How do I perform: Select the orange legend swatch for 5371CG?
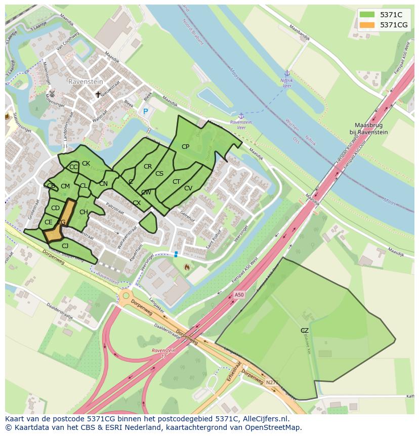pyautogui.click(x=368, y=24)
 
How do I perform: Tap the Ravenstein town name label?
pyautogui.click(x=86, y=81)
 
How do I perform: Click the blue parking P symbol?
pyautogui.click(x=146, y=111)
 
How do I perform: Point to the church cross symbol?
pyautogui.click(x=98, y=95)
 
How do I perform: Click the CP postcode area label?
pyautogui.click(x=185, y=147)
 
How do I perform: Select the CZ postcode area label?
pyautogui.click(x=304, y=331)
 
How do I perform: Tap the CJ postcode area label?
pyautogui.click(x=65, y=246)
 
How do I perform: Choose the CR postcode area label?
pyautogui.click(x=148, y=167)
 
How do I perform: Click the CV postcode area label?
pyautogui.click(x=188, y=188)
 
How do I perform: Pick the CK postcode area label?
pyautogui.click(x=86, y=164)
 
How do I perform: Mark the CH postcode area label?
pyautogui.click(x=83, y=212)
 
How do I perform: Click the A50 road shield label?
pyautogui.click(x=239, y=295)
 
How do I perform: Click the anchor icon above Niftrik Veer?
pyautogui.click(x=287, y=73)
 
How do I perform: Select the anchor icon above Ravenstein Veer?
pyautogui.click(x=241, y=116)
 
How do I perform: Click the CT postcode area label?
pyautogui.click(x=176, y=182)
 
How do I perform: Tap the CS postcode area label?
pyautogui.click(x=159, y=174)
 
